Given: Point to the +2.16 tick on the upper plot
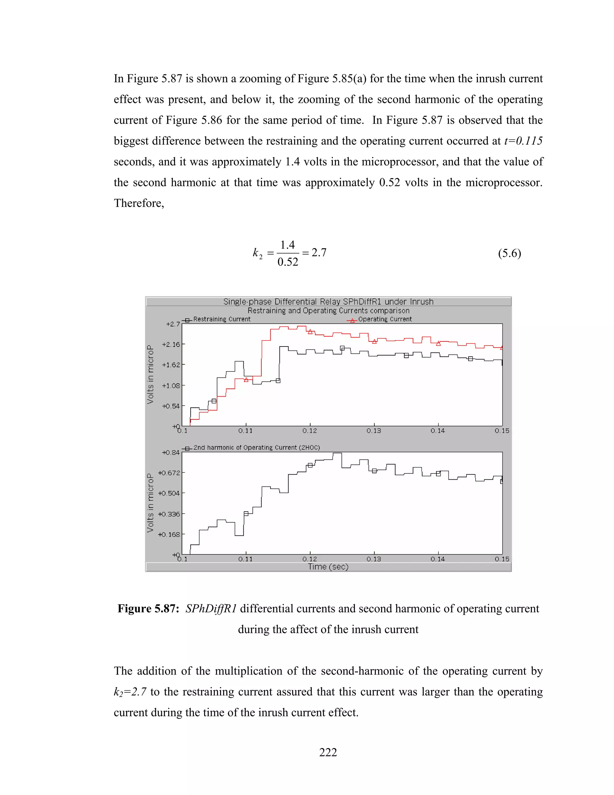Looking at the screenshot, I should (x=171, y=344).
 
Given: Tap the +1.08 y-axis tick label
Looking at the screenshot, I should (x=171, y=385).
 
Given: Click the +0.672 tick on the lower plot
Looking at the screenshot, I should (x=169, y=473).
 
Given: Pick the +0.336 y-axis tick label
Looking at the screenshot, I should (x=169, y=514).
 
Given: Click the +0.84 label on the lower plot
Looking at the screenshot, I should (x=171, y=452).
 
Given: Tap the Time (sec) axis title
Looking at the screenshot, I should (x=328, y=567).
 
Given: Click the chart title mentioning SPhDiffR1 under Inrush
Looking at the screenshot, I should (x=328, y=302).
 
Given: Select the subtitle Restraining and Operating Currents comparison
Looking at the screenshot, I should (x=328, y=310).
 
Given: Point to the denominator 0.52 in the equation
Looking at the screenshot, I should (x=288, y=262).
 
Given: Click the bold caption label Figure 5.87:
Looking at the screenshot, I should (x=148, y=609).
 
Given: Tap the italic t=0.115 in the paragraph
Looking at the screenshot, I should (x=523, y=141).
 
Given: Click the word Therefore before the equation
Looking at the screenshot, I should (x=138, y=203).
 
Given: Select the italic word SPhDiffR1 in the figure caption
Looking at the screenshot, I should (x=211, y=609).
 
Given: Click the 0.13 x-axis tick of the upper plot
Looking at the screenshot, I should (x=374, y=430).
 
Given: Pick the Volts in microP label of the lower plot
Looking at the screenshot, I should (x=150, y=503).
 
